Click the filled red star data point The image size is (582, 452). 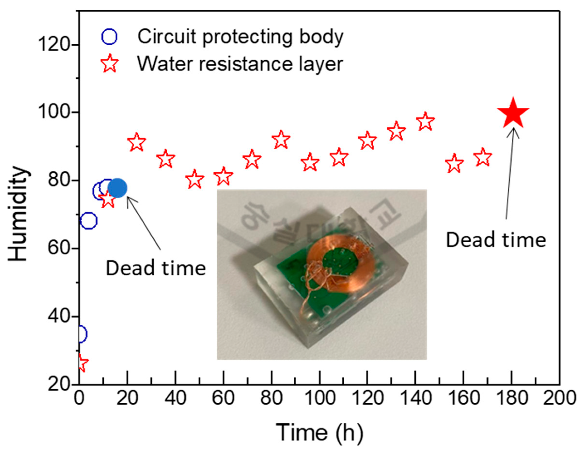point(513,113)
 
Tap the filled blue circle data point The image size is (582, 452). point(118,188)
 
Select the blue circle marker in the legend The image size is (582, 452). point(109,37)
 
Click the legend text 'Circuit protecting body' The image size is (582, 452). point(240,37)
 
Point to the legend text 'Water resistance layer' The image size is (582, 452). point(240,64)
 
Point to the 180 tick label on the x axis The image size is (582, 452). point(512,398)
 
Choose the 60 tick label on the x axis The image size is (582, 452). point(223,398)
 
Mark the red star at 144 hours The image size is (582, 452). point(425,122)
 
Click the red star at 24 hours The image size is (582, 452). point(137,142)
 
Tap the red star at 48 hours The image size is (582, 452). point(194,179)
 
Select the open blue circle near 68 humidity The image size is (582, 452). point(89,221)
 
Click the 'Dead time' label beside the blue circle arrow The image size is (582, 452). point(156,268)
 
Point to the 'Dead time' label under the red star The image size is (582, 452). point(496,240)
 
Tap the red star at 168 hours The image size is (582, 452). point(483,157)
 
